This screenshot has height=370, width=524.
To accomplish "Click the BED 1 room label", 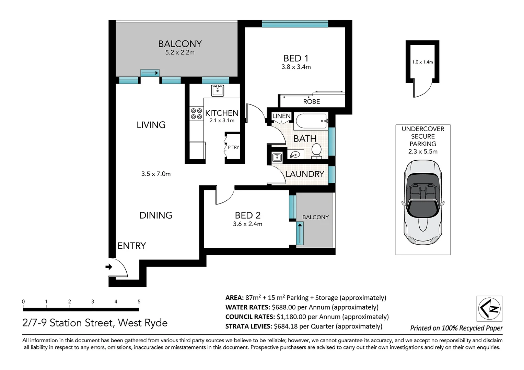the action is (x=296, y=58).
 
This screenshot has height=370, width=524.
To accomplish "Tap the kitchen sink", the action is (x=218, y=91).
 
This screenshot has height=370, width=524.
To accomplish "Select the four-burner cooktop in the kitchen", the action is (x=197, y=113).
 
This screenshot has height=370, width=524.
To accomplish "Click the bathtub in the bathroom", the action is (x=311, y=121).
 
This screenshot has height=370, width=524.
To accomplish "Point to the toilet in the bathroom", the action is (x=316, y=151).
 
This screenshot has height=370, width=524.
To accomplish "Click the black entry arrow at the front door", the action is (x=109, y=267).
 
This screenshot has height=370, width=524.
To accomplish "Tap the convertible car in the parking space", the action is (x=423, y=202).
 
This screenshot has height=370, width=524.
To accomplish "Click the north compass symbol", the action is (x=489, y=309).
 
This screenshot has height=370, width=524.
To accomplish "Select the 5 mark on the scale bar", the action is (x=139, y=301).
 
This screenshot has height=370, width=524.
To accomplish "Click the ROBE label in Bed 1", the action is (x=311, y=102).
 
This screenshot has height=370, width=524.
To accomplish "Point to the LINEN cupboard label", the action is (x=281, y=116).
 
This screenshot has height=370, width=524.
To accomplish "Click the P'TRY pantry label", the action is (x=233, y=147).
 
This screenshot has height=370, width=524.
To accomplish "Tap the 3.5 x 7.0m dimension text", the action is (x=156, y=174).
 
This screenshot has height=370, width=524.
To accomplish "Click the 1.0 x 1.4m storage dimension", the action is (x=422, y=62).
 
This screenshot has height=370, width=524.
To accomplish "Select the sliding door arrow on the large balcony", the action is (x=150, y=73).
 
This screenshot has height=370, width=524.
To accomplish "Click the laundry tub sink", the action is (x=277, y=157).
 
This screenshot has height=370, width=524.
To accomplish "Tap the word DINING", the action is (x=156, y=215).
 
